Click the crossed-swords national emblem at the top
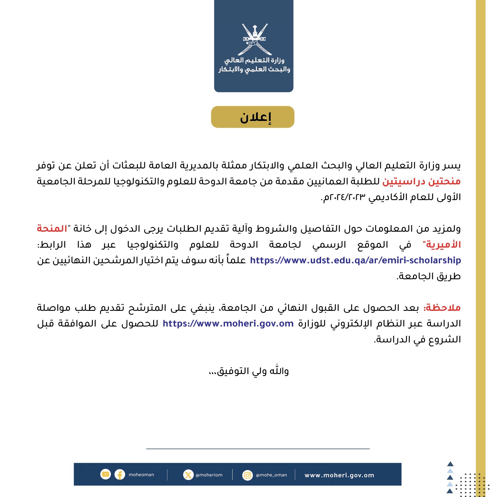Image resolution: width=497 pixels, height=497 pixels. click(255, 39)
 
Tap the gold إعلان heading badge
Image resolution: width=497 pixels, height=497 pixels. click(253, 117)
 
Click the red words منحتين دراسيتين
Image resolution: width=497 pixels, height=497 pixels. click(421, 182)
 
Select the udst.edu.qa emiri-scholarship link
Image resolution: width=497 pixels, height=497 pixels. click(355, 260)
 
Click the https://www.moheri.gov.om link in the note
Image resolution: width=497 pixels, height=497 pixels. click(228, 324)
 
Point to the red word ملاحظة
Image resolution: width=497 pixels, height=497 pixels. click(442, 308)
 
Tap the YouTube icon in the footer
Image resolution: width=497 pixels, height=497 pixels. click(105, 474)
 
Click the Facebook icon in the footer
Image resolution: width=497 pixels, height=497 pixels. click(120, 475)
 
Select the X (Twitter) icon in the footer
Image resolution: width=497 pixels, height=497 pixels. click(188, 475)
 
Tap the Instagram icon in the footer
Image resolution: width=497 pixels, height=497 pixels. click(247, 475)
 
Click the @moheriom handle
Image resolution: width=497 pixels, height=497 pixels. click(209, 475)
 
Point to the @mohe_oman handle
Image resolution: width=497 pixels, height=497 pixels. click(271, 475)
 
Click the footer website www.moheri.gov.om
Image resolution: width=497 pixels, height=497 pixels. click(339, 475)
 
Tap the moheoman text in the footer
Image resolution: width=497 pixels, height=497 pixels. click(141, 475)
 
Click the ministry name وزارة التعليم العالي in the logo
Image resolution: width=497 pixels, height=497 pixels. click(254, 60)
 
